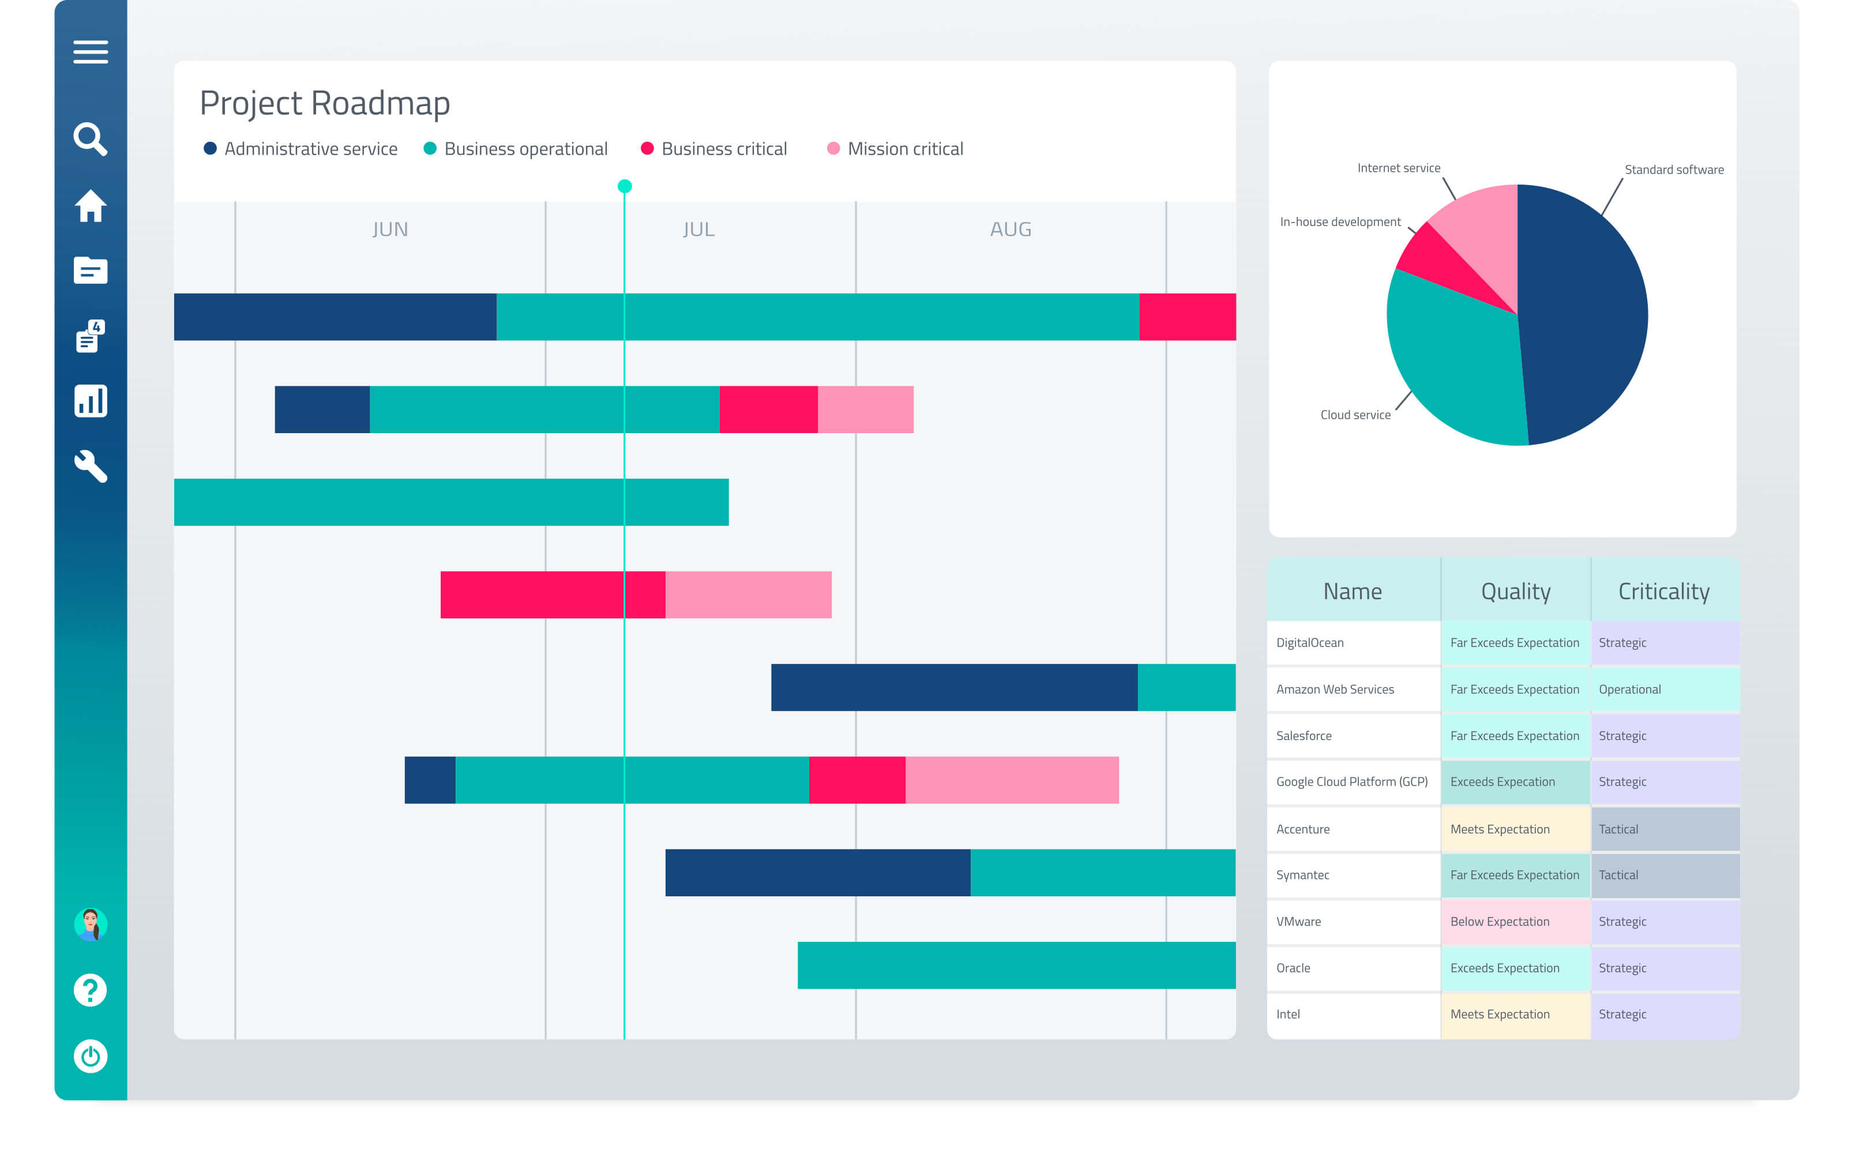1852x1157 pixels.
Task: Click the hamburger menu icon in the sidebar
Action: (91, 52)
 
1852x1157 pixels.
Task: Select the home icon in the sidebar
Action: (91, 206)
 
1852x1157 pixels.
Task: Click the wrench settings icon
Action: (91, 466)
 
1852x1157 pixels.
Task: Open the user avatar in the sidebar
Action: (91, 925)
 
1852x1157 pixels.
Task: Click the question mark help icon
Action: (91, 990)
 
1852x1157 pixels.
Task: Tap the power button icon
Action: (91, 1057)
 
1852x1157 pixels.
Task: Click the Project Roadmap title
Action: (324, 103)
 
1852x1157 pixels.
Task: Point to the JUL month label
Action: (698, 230)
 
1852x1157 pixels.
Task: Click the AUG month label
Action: (1010, 230)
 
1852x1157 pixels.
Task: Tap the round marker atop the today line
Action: (624, 186)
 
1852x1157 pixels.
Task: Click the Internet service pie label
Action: (1398, 168)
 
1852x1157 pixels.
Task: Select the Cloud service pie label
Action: (1355, 415)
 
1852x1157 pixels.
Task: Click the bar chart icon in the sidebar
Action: (91, 401)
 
